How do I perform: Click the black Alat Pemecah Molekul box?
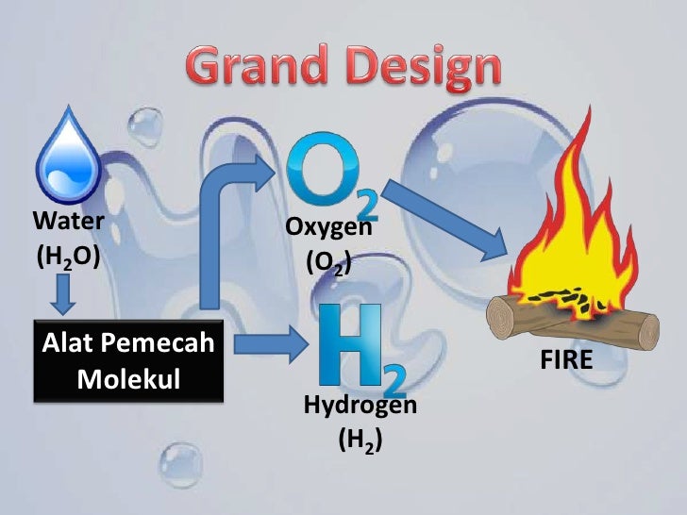coord(130,363)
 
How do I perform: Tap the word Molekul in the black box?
coord(131,380)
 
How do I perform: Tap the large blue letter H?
coord(350,344)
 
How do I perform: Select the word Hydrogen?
coord(360,406)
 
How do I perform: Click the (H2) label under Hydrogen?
coord(360,440)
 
